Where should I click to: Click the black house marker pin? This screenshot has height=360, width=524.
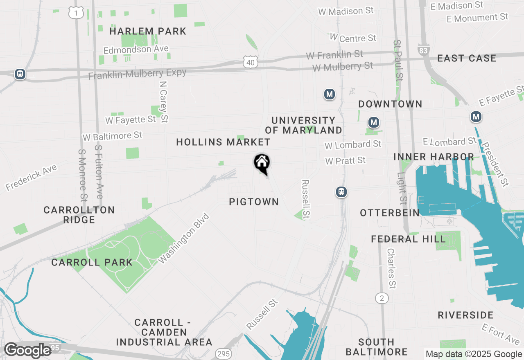coord(262,163)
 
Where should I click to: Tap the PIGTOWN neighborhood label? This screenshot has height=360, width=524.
coord(254,202)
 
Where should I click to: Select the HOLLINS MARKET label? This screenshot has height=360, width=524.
coord(223,142)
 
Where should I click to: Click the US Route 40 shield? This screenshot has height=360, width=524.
coord(251,62)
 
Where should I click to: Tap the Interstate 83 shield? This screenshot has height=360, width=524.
coord(423,50)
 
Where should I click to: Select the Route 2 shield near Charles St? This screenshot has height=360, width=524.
coord(382,298)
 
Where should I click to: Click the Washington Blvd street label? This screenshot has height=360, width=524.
coord(184,239)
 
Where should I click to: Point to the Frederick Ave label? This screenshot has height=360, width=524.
coord(31,177)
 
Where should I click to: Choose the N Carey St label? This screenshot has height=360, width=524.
coord(164,101)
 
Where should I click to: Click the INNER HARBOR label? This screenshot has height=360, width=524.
coord(434,157)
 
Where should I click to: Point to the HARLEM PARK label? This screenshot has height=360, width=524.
coord(148,31)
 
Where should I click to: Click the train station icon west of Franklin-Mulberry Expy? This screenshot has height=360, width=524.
coord(20,74)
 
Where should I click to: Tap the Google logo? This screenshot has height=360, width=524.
coord(27,350)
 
